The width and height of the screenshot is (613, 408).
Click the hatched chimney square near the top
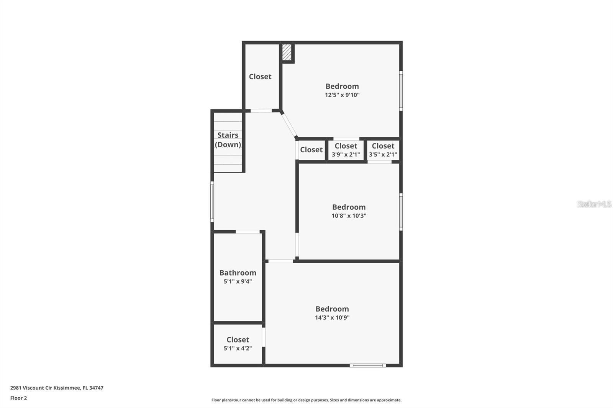[287, 52]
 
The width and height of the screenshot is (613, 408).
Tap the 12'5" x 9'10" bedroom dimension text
[342, 95]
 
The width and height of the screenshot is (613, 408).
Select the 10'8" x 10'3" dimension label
[349, 215]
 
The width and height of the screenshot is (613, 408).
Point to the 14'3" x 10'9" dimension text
[332, 318]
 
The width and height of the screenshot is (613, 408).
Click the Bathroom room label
[238, 273]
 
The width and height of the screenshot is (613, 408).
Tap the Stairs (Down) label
[228, 140]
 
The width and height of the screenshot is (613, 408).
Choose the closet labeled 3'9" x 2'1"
[346, 150]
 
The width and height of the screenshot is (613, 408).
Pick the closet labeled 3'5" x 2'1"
[383, 150]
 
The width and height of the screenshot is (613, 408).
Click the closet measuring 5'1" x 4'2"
[238, 344]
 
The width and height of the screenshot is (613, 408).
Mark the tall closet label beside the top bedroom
[260, 77]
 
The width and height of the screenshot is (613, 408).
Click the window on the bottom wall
[368, 366]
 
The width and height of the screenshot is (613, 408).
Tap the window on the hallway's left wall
[212, 202]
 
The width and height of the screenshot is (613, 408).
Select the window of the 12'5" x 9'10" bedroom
[401, 91]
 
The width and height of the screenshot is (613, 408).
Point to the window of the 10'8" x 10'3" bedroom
[401, 212]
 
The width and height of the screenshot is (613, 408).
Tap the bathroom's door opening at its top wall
[247, 232]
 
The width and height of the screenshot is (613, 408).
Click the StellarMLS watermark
[594, 204]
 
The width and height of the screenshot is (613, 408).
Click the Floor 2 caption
[19, 398]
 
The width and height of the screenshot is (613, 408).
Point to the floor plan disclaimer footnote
[306, 400]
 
